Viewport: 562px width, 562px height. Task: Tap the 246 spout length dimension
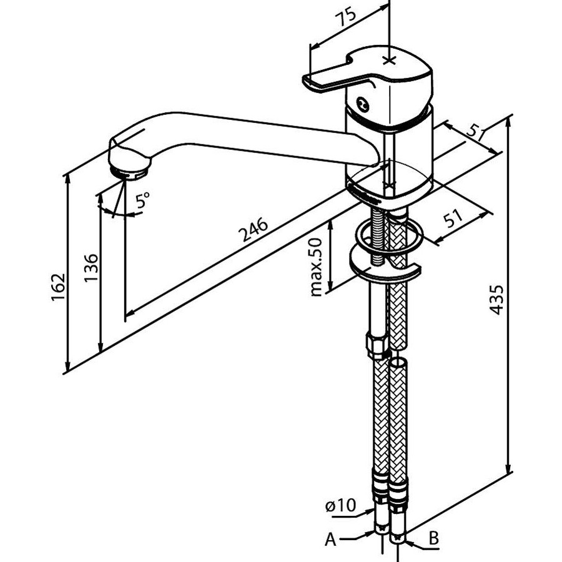click(x=254, y=229)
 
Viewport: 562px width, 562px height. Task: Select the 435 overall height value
click(x=497, y=300)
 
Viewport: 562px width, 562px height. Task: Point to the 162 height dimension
click(x=59, y=287)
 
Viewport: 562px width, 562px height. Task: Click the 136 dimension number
click(x=91, y=269)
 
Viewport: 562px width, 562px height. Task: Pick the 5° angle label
click(x=142, y=200)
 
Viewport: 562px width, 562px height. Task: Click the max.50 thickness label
click(x=316, y=267)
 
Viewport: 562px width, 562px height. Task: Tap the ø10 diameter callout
click(x=341, y=505)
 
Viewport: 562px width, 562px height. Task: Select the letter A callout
click(x=330, y=539)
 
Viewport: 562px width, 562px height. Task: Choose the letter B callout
click(x=434, y=538)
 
